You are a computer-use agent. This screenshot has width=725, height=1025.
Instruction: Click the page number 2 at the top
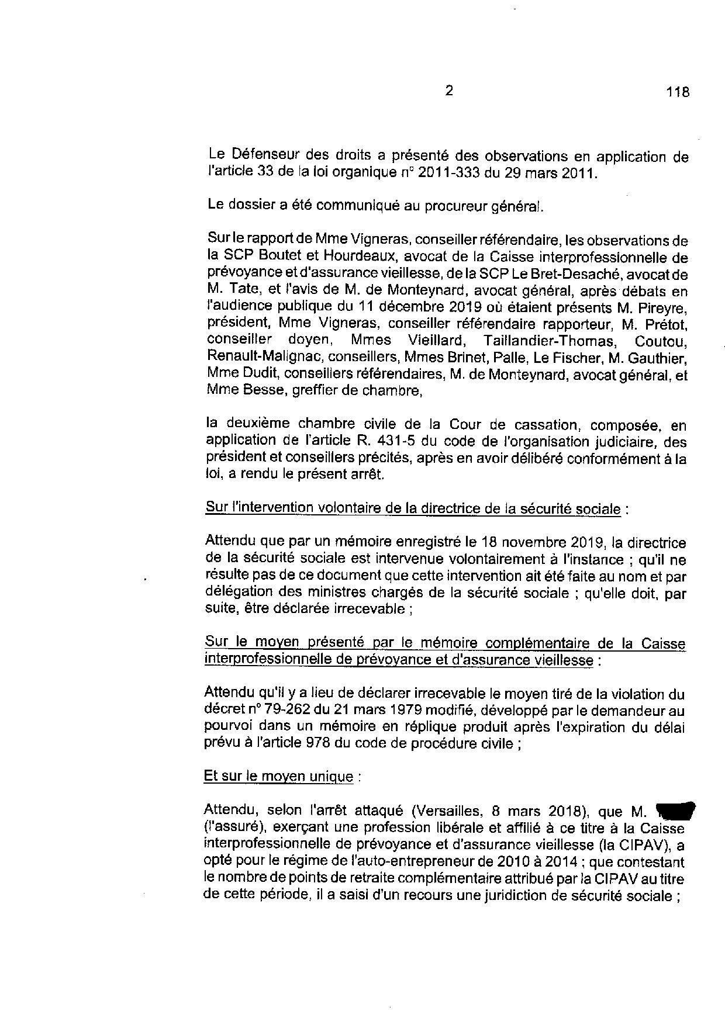448,91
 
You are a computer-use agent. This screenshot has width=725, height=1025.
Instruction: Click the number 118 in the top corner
677,92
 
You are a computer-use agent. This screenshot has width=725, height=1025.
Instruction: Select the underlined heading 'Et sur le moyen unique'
278,777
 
